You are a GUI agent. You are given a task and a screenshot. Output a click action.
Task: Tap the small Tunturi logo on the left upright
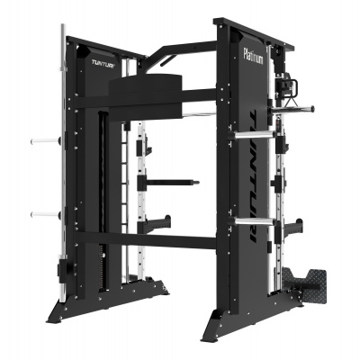(103, 63)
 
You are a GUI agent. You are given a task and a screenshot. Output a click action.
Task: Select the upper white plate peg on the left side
(45, 139)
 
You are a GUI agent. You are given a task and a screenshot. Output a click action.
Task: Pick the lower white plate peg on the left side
(46, 214)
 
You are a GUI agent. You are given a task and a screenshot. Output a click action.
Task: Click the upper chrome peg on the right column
(251, 135)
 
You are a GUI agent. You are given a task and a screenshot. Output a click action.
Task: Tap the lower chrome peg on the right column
(251, 221)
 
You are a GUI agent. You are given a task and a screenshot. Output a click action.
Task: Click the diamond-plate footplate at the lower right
(304, 280)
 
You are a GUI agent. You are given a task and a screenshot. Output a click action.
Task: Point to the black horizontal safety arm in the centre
(168, 182)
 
